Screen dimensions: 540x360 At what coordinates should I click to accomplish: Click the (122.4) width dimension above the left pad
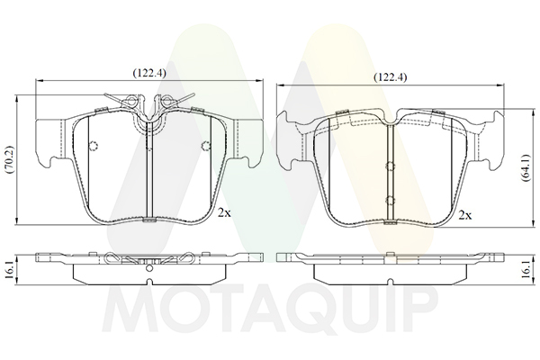(x=149, y=73)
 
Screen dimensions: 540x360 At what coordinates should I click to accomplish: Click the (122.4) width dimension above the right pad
(x=391, y=77)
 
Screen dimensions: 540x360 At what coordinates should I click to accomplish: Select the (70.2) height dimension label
(x=9, y=159)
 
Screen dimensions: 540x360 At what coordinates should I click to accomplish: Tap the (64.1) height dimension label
(x=526, y=167)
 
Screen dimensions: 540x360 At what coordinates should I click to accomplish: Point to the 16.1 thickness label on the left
(x=9, y=270)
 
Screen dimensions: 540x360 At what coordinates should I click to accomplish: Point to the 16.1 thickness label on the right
(x=526, y=270)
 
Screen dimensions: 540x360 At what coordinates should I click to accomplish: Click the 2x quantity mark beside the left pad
(x=224, y=213)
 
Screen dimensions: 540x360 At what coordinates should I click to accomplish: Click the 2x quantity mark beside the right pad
(x=465, y=216)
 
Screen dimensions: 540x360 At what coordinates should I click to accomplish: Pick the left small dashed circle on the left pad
(x=94, y=146)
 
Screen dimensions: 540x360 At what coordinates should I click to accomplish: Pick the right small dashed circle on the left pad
(x=206, y=146)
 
